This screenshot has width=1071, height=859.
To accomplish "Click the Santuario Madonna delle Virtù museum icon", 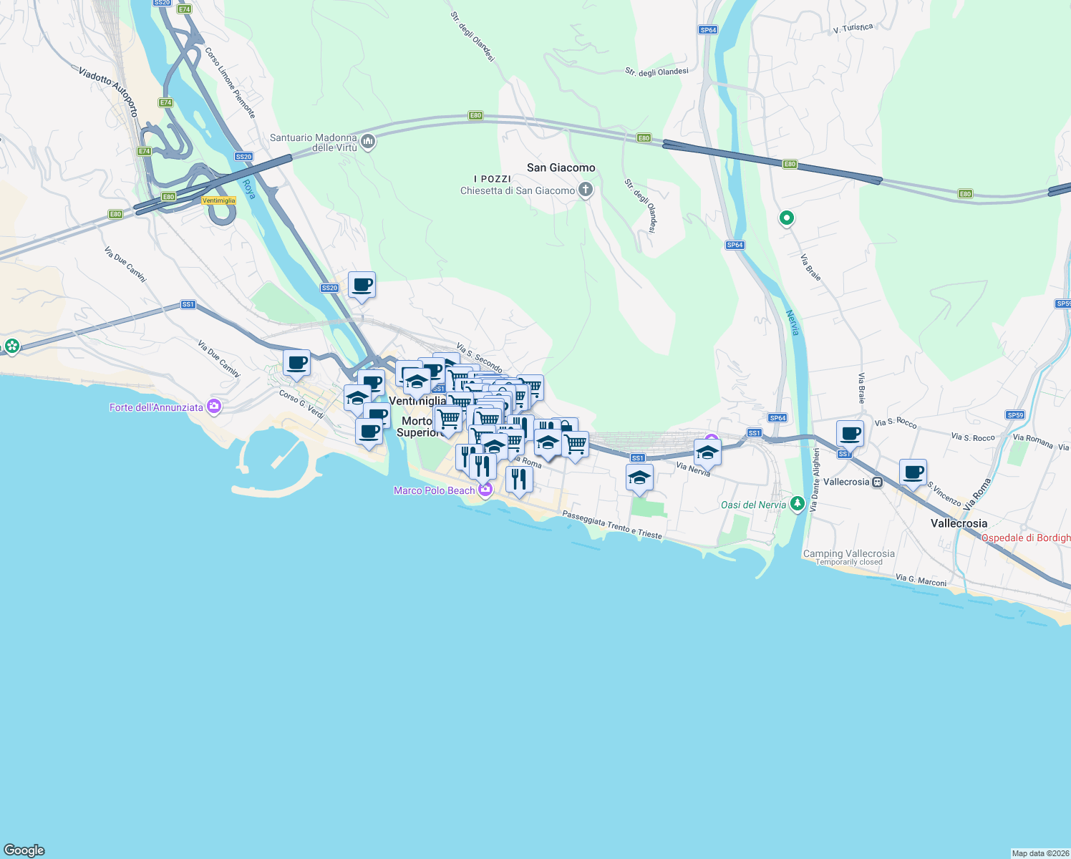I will pos(368,142).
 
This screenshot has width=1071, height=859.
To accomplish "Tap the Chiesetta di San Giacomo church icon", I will pos(586,190).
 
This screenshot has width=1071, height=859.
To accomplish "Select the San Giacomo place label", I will pos(561,168).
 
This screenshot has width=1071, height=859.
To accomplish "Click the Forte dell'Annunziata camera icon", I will pos(213,407).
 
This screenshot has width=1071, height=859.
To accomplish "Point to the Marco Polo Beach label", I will pos(434,490).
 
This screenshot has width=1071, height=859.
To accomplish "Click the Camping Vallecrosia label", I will pos(848,553).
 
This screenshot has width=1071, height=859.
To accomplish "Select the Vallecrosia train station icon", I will pos(878,482).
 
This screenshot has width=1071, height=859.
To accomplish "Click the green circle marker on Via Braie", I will pos(786,218).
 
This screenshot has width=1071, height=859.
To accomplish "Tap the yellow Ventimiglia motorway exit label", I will pos(218,200).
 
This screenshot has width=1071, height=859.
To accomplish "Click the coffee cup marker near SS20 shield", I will pos(362,285).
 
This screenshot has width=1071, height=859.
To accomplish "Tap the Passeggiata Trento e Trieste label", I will pos(612,525).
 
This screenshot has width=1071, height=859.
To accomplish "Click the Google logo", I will pos(24,850).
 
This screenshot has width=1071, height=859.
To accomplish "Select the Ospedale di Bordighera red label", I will pos(1025,538).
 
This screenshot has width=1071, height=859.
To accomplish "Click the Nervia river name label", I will pos(793,323).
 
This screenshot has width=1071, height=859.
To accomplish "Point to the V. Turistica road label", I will pos(853,29).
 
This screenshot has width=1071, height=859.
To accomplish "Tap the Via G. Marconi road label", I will pos(921,580).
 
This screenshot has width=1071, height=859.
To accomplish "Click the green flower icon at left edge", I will pos(11,346).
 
